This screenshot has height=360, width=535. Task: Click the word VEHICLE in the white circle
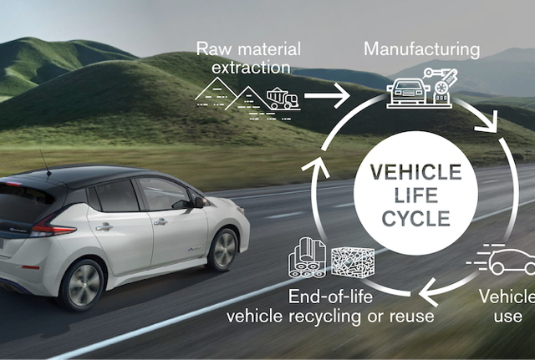point(416,172)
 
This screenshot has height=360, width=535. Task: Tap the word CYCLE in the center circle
point(416,219)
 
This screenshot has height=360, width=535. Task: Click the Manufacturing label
point(422,50)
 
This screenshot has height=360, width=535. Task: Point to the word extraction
point(251,67)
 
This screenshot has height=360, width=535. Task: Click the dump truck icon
point(283,99)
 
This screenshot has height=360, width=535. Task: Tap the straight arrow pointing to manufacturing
point(327,96)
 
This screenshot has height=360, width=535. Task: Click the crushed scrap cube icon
point(353,261)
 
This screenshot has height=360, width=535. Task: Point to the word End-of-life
point(330,297)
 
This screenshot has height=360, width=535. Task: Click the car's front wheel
point(223,250)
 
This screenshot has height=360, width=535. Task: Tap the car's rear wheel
point(82,285)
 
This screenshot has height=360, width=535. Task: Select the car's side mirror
point(199,202)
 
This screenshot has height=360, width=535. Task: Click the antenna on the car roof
point(45,163)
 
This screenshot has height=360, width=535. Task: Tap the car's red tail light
point(53,229)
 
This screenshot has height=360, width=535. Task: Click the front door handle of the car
point(160,222)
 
